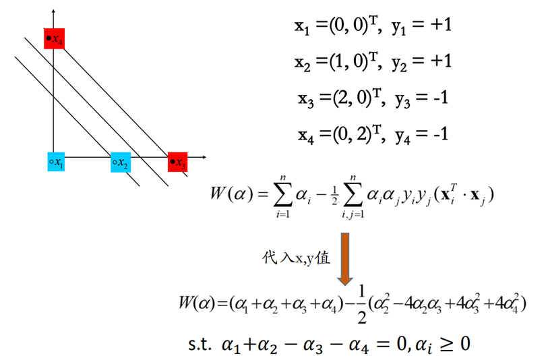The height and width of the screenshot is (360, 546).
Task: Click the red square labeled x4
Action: pos(54,38)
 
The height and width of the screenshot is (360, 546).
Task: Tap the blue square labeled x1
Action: pos(56,162)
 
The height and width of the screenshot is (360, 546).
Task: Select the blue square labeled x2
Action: pos(121,162)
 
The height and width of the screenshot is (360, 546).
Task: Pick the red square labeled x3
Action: pos(177,162)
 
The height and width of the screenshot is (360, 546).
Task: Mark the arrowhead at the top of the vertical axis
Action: pos(53,8)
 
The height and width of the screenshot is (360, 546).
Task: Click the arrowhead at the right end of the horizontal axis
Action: pos(202,158)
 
